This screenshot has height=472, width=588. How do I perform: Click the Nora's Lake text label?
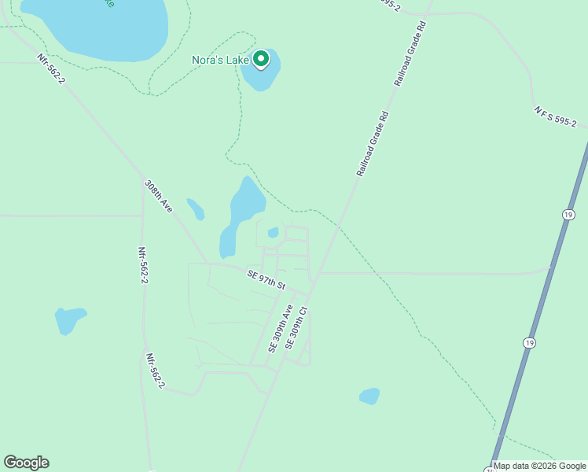220,60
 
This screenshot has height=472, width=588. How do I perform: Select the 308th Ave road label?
158,196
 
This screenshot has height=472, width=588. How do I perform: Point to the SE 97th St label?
266,278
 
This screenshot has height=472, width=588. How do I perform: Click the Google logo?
26,463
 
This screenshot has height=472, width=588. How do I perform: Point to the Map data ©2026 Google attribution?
540,466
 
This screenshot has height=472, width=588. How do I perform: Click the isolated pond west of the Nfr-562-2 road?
68,319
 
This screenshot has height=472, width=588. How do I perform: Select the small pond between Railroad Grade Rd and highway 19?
369,396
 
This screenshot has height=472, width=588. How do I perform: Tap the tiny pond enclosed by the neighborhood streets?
273,233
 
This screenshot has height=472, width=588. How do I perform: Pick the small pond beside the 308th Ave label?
196,209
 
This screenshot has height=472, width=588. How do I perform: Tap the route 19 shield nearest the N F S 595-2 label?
568,214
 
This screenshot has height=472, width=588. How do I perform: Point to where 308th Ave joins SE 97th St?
207,263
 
